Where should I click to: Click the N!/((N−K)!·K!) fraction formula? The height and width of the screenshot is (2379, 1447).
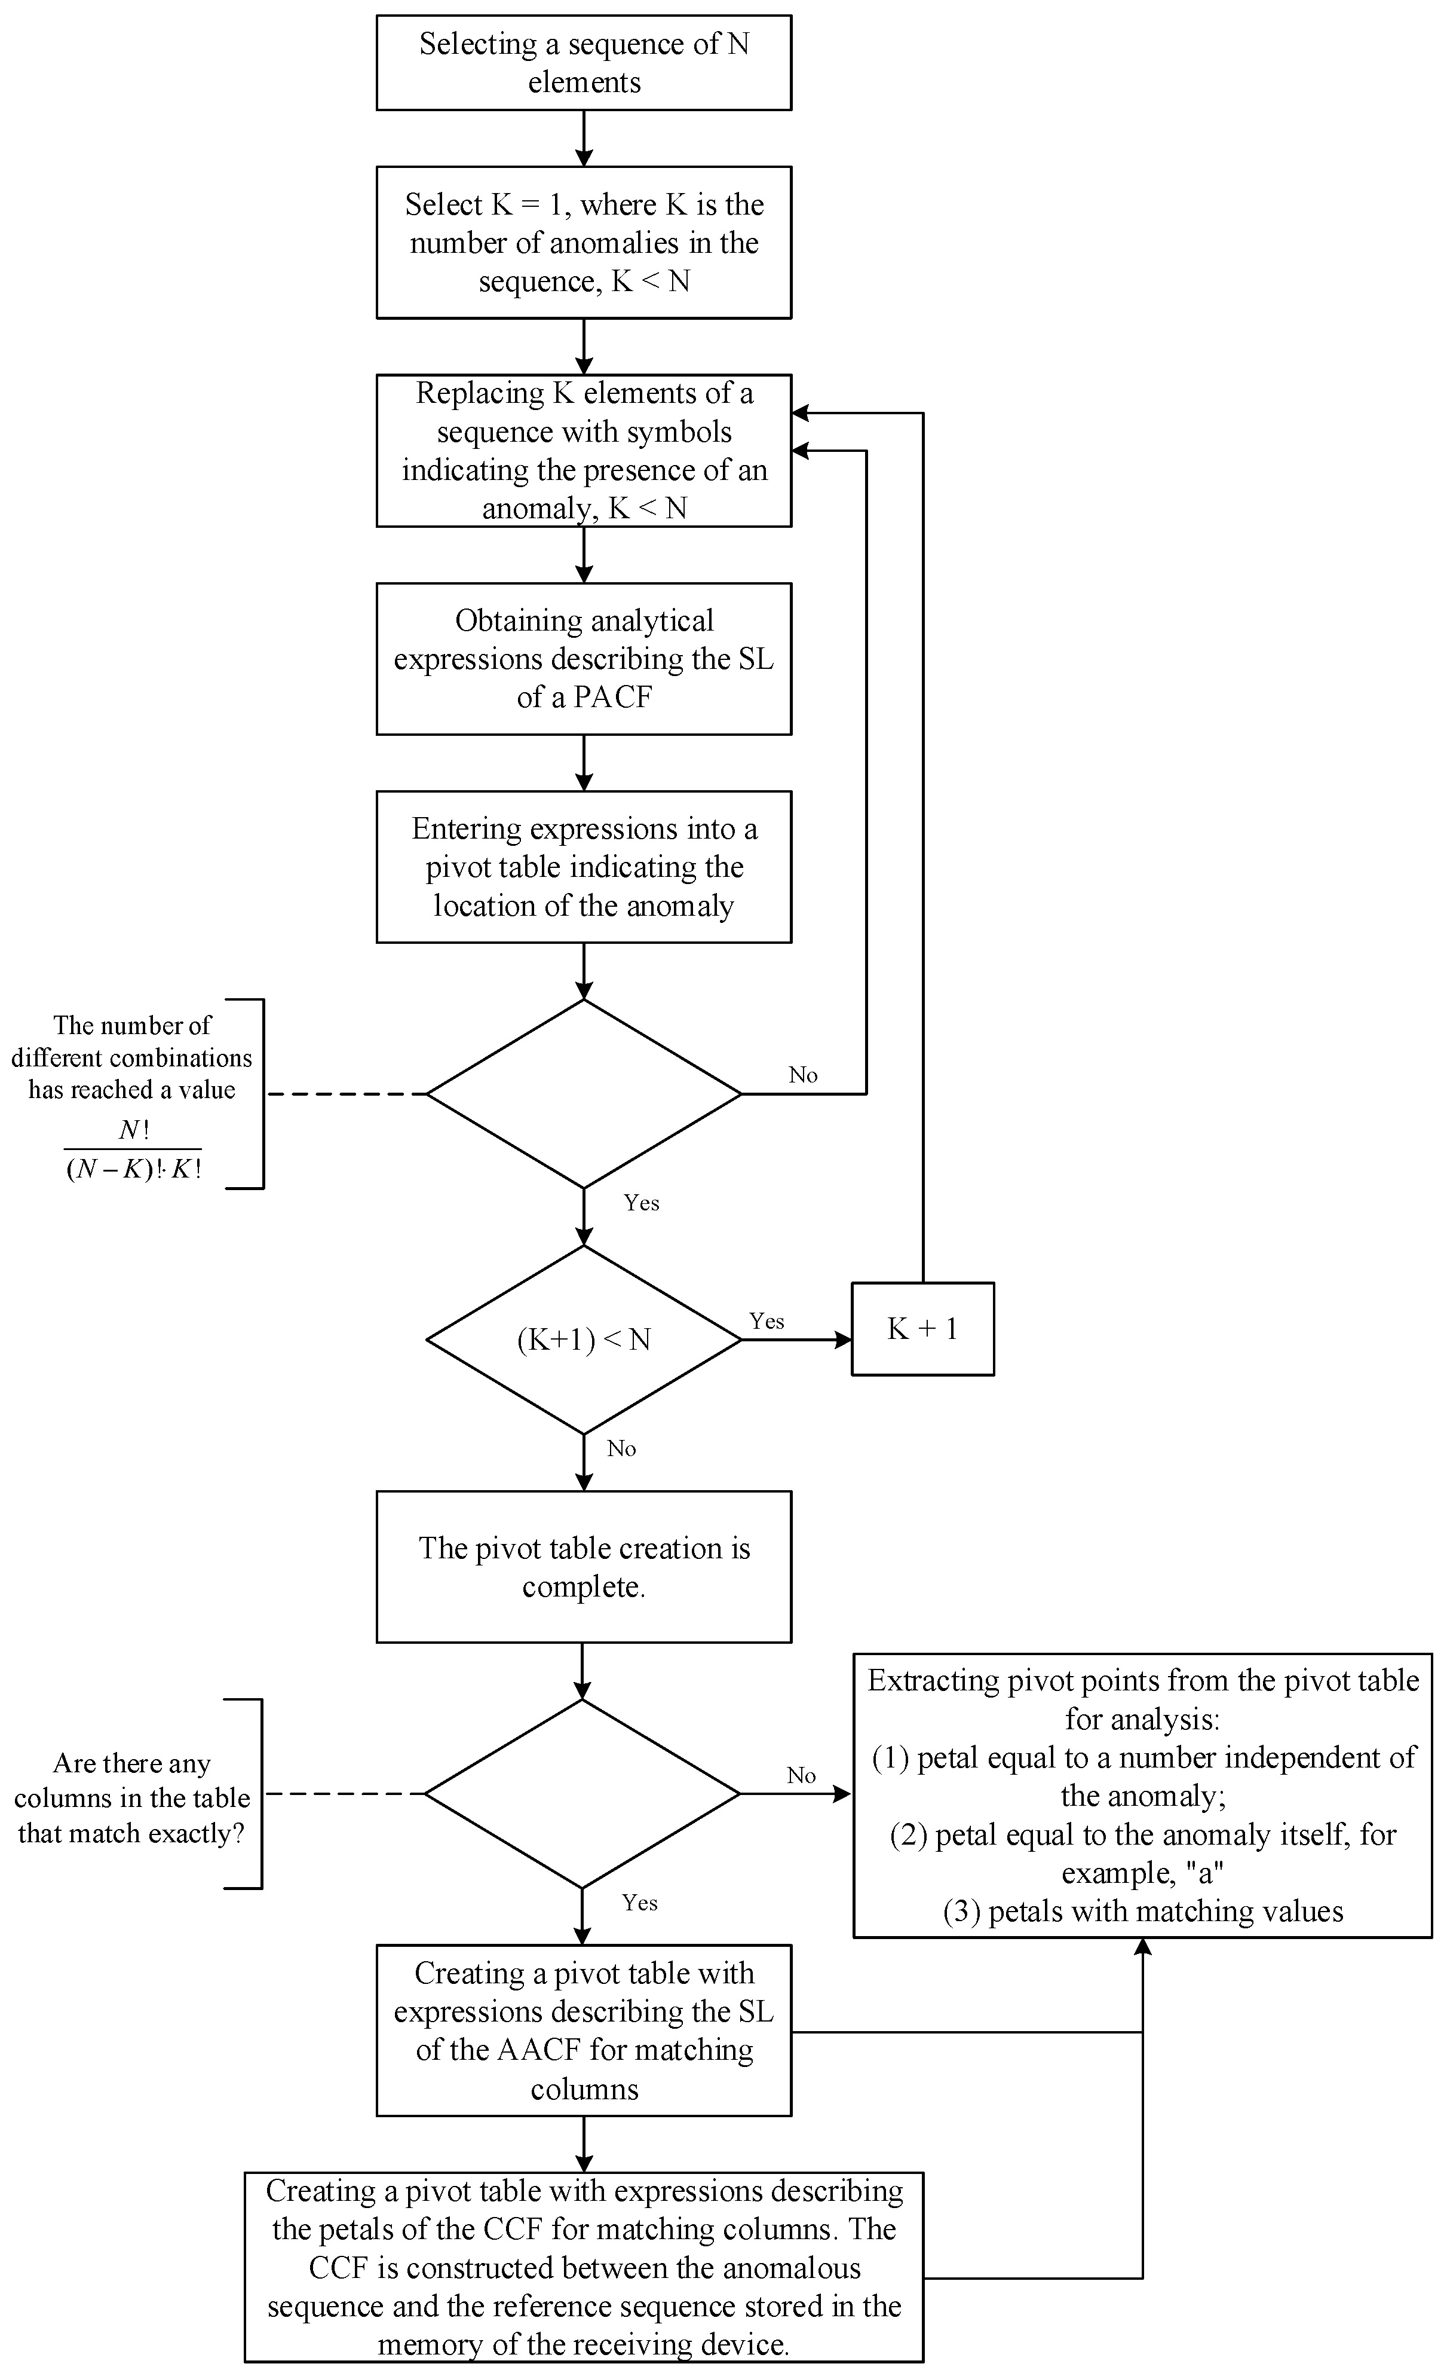point(133,1150)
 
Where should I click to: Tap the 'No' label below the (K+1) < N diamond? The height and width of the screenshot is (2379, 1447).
point(622,1448)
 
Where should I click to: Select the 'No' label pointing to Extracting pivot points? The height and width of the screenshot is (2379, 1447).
point(801,1775)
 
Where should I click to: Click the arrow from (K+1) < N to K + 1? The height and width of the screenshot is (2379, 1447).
point(796,1340)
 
